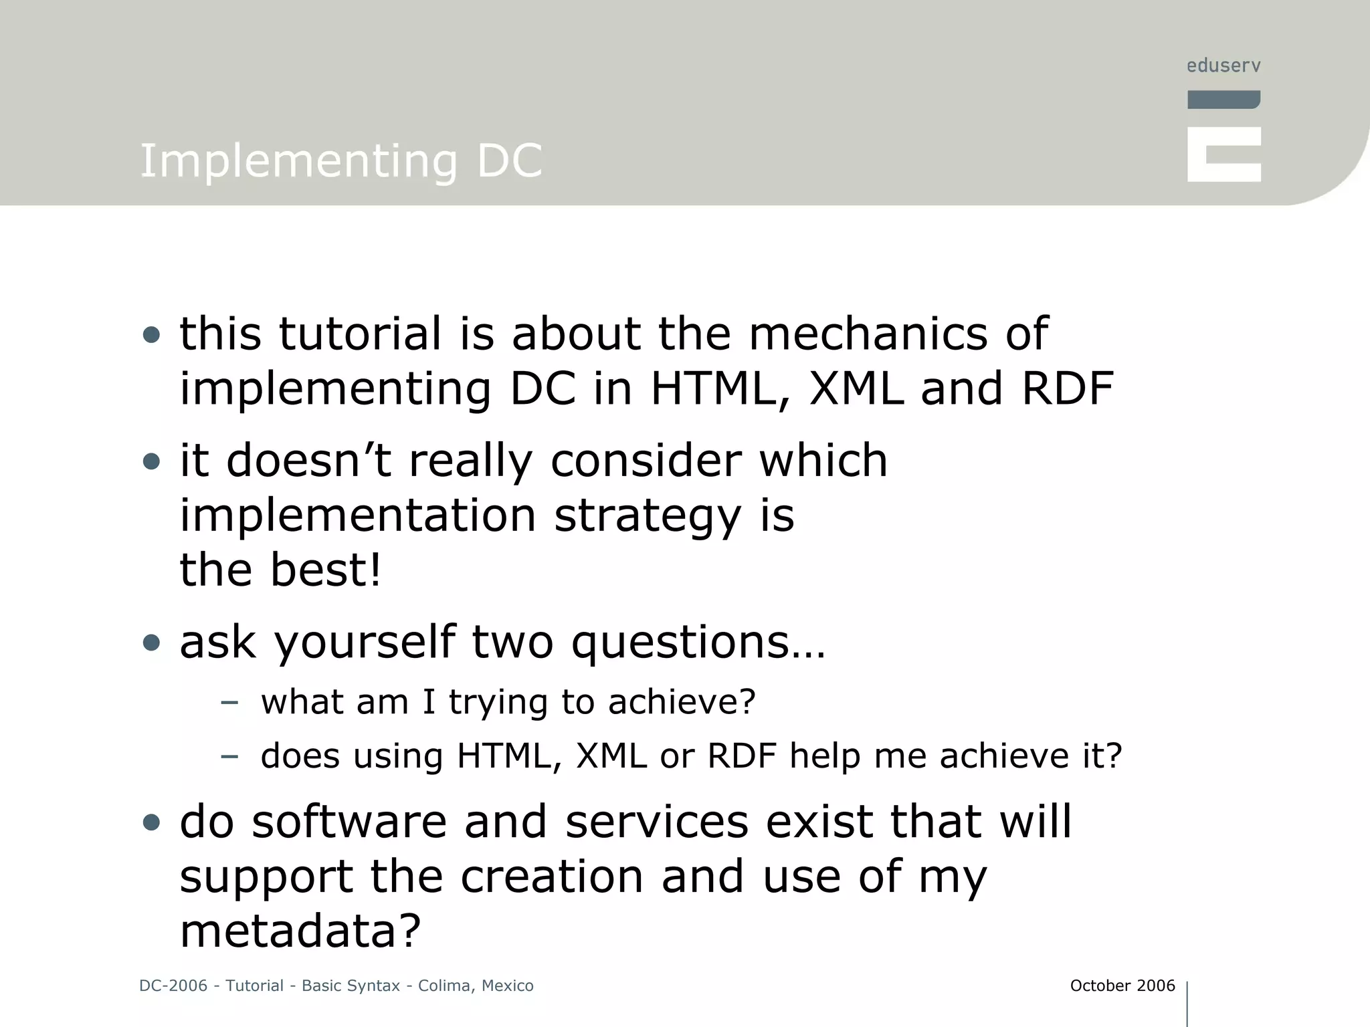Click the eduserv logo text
pos(1224,66)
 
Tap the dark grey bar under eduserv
pos(1224,100)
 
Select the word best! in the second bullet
pos(325,570)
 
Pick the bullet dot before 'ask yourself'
pos(152,643)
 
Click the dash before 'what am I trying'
pos(229,702)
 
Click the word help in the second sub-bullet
pos(824,756)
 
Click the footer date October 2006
pos(1122,986)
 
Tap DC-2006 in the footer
pos(173,986)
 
